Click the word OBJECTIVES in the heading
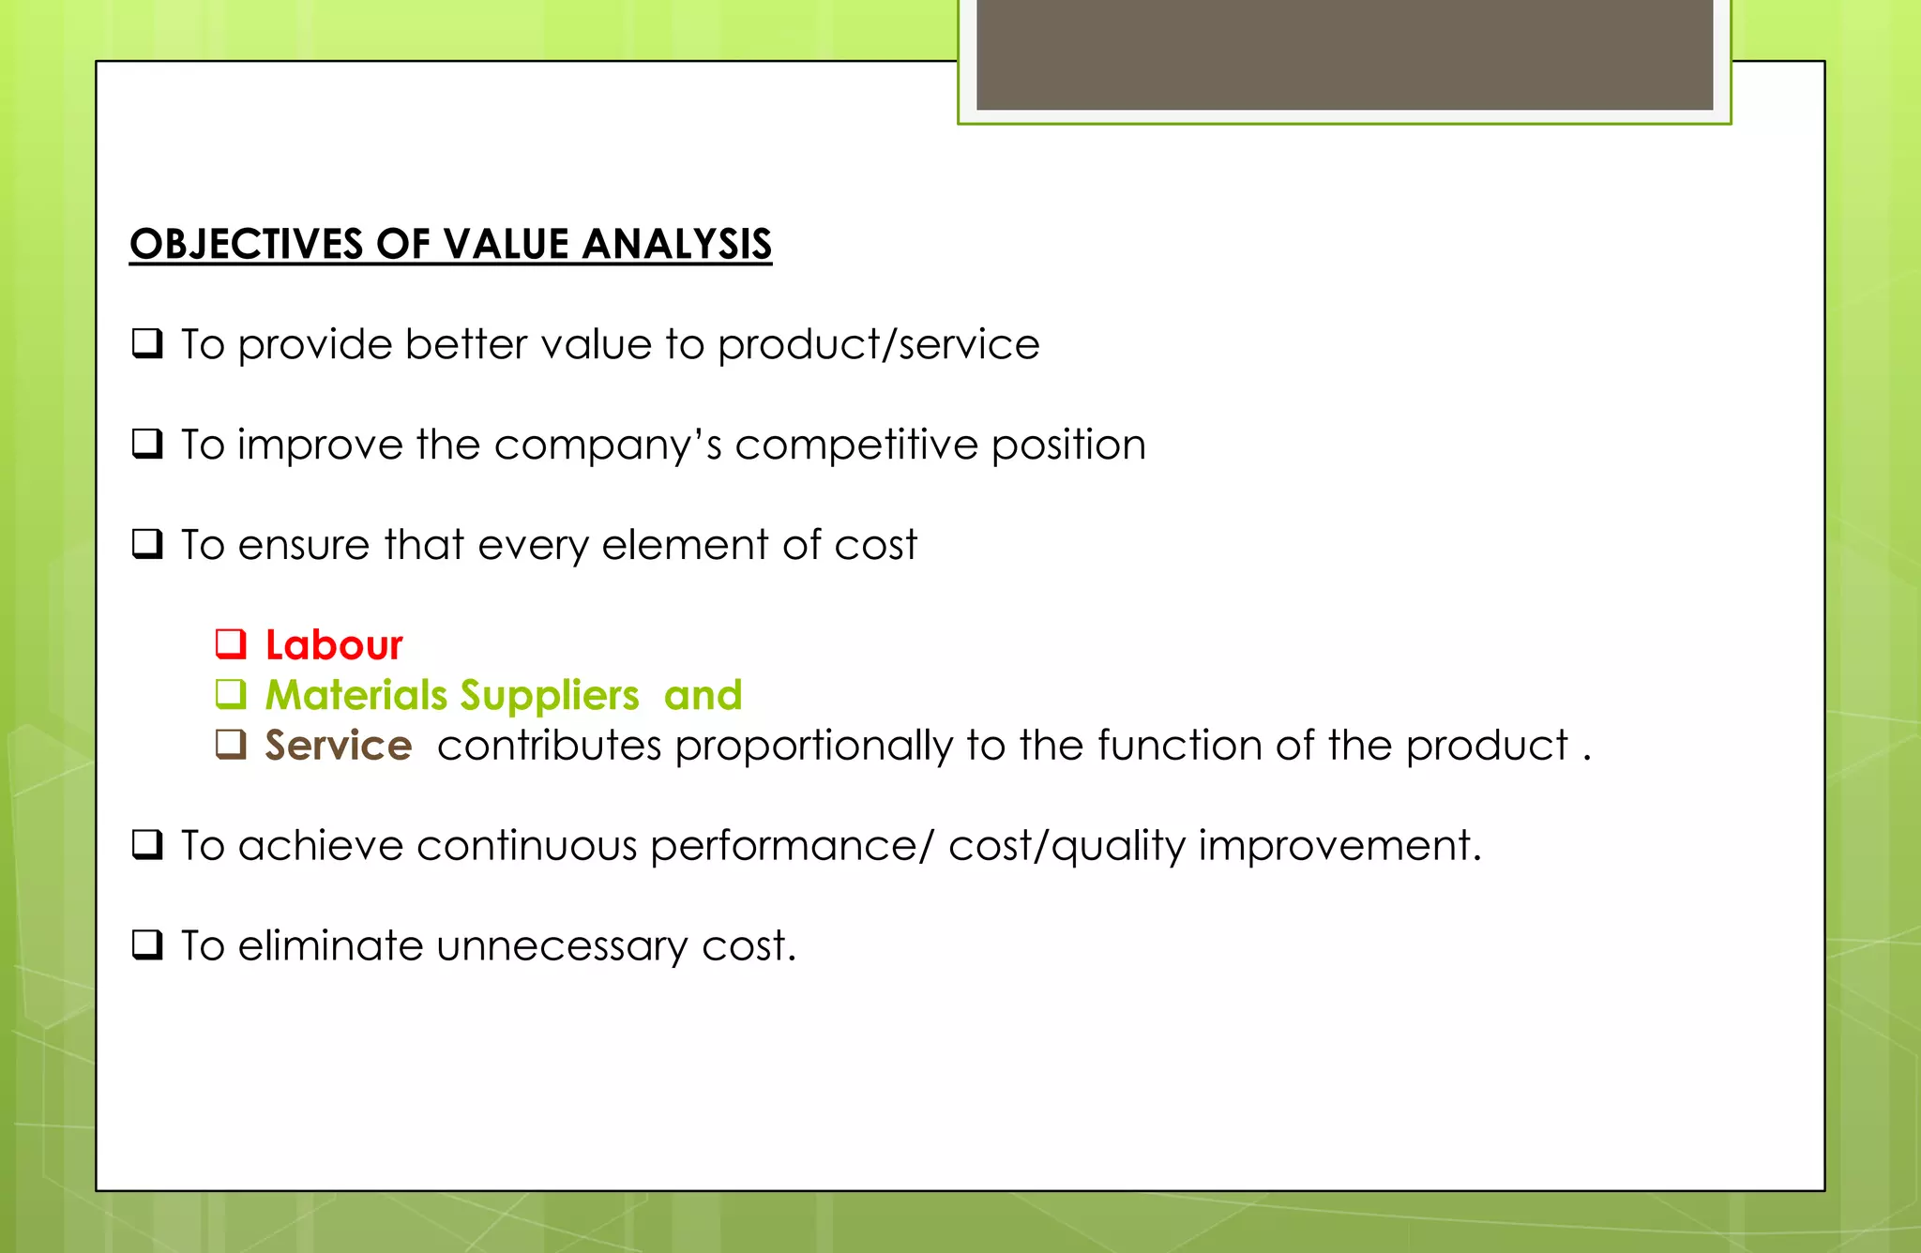pyautogui.click(x=246, y=245)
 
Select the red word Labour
pyautogui.click(x=334, y=645)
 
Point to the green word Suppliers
pyautogui.click(x=550, y=696)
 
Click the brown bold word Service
pyautogui.click(x=338, y=746)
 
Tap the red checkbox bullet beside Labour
pyautogui.click(x=231, y=643)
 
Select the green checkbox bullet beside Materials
pyautogui.click(x=231, y=694)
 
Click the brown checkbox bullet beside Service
pyautogui.click(x=231, y=744)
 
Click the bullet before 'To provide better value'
pyautogui.click(x=147, y=343)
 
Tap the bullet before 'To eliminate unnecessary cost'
pyautogui.click(x=147, y=944)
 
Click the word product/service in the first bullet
pyautogui.click(x=878, y=345)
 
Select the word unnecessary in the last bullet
pyautogui.click(x=562, y=946)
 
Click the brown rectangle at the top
pyautogui.click(x=1344, y=54)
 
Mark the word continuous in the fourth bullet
pyautogui.click(x=526, y=846)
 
